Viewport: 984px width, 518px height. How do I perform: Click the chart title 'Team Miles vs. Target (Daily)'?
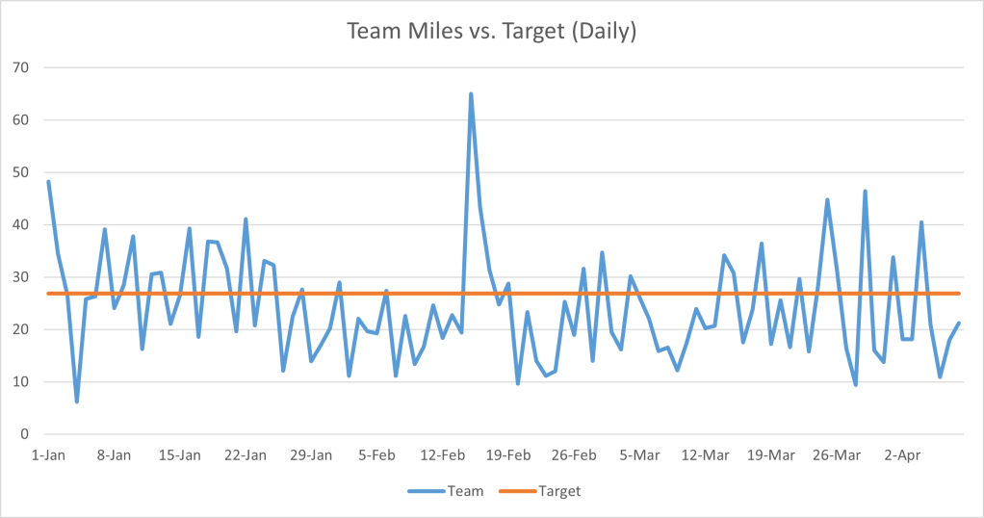tap(491, 31)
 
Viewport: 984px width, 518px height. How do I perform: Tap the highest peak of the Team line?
tap(471, 94)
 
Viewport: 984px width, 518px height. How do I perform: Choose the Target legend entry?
tap(540, 491)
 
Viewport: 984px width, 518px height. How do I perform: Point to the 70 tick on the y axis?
tap(20, 67)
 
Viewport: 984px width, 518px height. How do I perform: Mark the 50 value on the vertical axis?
tap(20, 172)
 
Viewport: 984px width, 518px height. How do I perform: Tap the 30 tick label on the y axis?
tap(20, 277)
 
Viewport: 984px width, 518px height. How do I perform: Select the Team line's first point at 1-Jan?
tap(48, 182)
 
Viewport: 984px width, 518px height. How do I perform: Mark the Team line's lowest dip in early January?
tap(77, 401)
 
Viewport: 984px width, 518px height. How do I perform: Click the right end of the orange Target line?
tap(959, 294)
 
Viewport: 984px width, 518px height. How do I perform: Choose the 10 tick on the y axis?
tap(20, 382)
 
